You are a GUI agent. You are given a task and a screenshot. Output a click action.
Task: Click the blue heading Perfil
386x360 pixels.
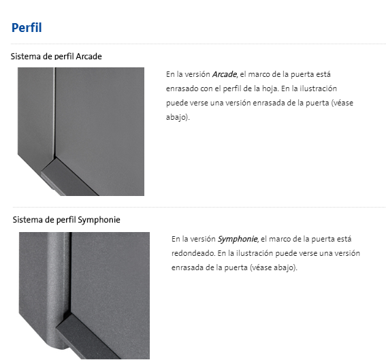tap(27, 27)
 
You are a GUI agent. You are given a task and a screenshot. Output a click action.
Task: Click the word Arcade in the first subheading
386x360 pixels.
tap(89, 56)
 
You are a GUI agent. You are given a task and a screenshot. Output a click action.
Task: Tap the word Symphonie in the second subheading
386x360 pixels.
tap(99, 220)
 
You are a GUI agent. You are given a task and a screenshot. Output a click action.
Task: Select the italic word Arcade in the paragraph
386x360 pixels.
tap(224, 74)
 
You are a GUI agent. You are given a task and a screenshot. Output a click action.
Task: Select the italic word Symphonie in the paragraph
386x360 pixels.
tap(238, 239)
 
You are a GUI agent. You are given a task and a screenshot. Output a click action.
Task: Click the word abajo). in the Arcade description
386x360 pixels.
tap(178, 117)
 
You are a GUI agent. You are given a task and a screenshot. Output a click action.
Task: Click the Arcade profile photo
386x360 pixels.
tap(81, 131)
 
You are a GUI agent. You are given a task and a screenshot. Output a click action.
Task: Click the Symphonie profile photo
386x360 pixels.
tap(84, 295)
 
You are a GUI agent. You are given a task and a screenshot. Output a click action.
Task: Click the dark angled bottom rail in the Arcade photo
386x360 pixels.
tap(69, 178)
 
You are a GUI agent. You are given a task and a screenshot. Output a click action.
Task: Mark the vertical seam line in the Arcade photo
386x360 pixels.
tap(54, 112)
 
